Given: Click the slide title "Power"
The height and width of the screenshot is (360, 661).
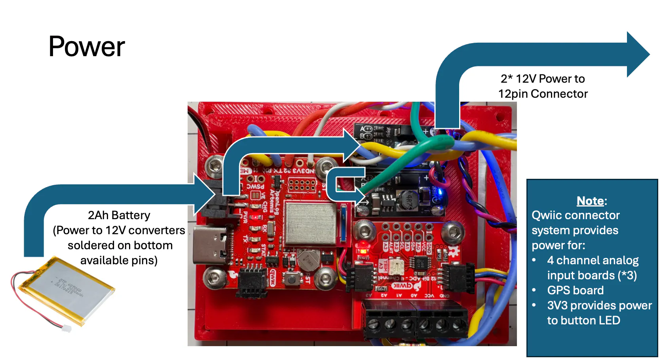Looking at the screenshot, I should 87,47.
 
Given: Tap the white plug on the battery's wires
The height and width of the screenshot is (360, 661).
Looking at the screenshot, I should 67,328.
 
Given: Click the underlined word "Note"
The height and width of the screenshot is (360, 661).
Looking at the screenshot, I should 590,201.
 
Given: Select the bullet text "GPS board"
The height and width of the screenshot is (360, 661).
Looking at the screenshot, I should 575,290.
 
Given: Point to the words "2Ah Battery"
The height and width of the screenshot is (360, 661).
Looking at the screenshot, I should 119,215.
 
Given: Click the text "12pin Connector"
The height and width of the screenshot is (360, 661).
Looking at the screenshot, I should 543,94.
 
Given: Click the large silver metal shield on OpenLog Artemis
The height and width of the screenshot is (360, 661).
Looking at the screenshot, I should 311,223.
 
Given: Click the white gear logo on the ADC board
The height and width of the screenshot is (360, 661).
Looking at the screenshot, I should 454,250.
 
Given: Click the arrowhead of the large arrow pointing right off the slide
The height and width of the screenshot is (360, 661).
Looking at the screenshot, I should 637,55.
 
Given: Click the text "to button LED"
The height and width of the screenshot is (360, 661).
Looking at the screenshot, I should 583,320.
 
